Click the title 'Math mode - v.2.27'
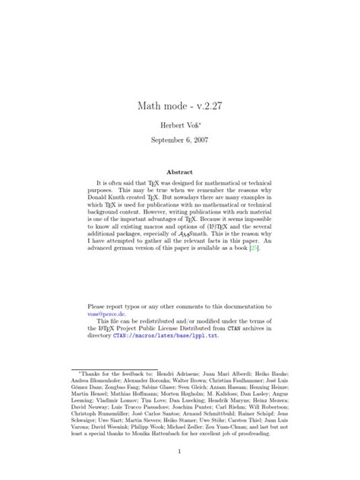pos(179,106)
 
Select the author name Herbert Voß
pos(178,125)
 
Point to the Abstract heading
pos(179,172)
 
